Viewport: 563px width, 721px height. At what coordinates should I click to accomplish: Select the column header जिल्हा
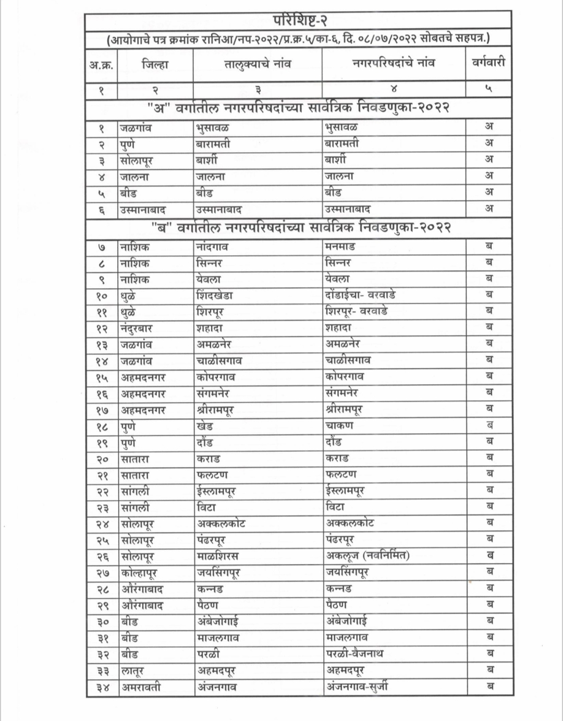(x=155, y=64)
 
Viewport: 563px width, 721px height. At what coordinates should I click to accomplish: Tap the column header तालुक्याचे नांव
(x=258, y=64)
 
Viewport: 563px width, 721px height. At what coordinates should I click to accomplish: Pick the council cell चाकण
(x=339, y=425)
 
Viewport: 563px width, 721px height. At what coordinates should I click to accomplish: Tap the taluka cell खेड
(x=205, y=426)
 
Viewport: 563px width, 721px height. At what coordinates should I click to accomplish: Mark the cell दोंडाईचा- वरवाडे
(x=360, y=295)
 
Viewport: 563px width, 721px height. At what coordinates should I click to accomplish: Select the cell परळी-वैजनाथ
(x=354, y=653)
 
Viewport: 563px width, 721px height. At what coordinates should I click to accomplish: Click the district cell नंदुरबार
(x=136, y=328)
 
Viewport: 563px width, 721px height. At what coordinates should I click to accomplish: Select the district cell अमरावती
(x=141, y=687)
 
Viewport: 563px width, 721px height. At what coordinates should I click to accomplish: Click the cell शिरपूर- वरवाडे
(x=356, y=311)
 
